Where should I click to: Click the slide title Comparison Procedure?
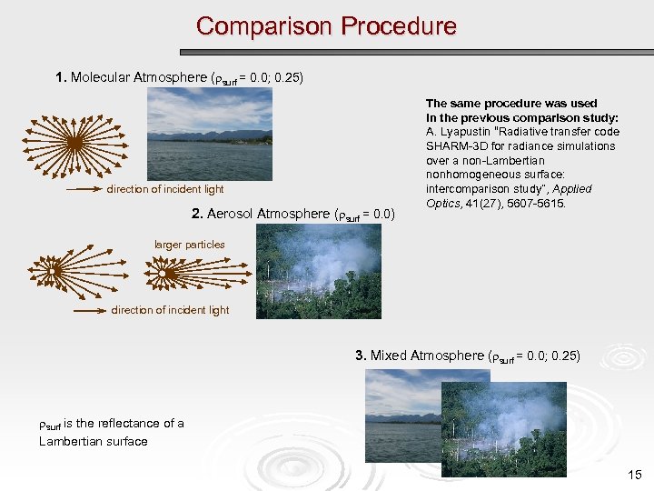326,26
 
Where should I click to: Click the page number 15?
634,475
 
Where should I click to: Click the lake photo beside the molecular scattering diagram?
210,134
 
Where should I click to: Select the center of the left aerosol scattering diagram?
55,271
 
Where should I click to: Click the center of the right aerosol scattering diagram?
163,273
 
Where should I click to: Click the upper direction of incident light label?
165,189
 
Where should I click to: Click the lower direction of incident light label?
171,310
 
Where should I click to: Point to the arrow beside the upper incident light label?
84,190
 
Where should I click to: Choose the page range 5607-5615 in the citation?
533,203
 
